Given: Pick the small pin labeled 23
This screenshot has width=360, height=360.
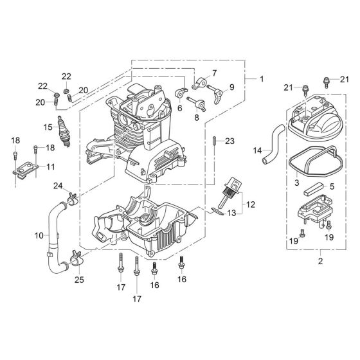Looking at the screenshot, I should (x=213, y=141).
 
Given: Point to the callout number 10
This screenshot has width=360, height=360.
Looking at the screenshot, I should (x=38, y=236).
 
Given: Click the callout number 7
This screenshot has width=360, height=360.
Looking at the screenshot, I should (x=215, y=73).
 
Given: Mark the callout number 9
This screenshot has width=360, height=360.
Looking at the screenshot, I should (x=231, y=87).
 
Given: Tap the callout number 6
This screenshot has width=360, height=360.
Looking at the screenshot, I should (x=179, y=109).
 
